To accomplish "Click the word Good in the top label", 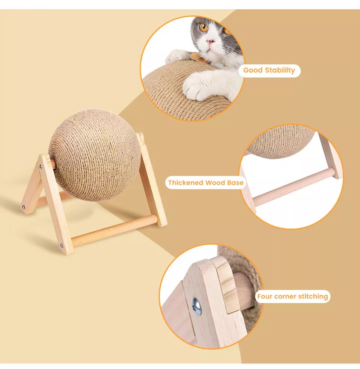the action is tap(253, 70).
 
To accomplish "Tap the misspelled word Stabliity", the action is tap(280, 70).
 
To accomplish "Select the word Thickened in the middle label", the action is tap(186, 183).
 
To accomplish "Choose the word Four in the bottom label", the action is tap(265, 296).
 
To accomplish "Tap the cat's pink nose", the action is tap(210, 42).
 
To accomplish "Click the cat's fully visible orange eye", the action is tap(203, 27).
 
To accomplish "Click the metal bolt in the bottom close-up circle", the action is tap(197, 306).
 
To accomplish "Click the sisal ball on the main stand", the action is tap(95, 155).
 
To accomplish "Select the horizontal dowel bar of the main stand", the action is tap(114, 230).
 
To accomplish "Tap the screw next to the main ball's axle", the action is tap(41, 167).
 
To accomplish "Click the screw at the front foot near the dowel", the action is tap(62, 246).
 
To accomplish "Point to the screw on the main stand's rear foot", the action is tap(23, 207).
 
